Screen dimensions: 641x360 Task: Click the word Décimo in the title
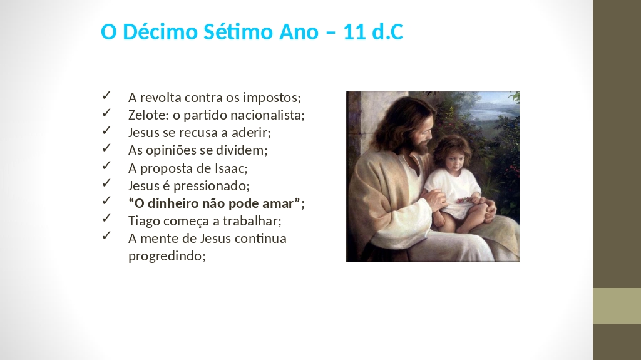click(160, 31)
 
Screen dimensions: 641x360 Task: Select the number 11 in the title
click(355, 32)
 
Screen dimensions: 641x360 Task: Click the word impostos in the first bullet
click(272, 98)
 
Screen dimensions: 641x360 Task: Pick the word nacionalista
click(268, 115)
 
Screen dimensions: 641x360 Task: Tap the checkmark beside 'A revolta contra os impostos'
click(106, 95)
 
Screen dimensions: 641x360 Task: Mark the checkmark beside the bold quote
click(106, 200)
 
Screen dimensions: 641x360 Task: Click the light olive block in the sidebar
click(617, 306)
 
